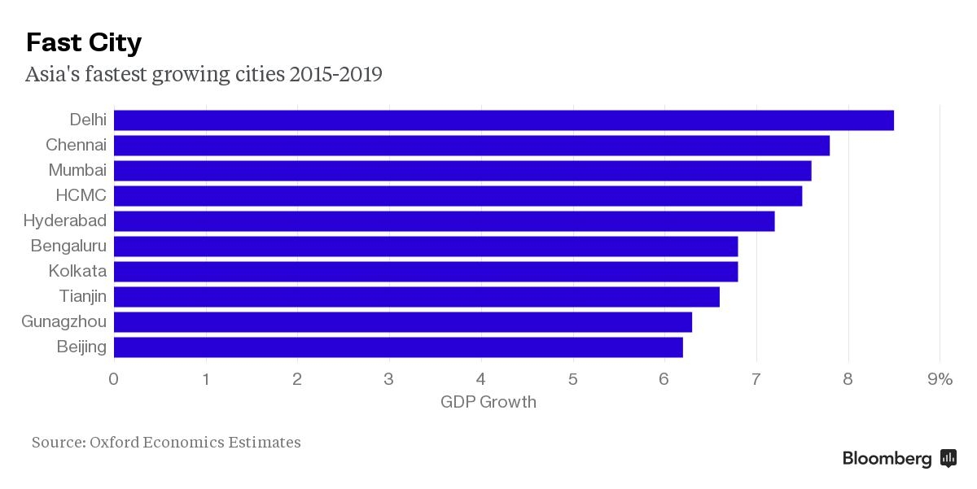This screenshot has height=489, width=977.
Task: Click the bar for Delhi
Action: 503,120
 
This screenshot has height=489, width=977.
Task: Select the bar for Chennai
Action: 471,146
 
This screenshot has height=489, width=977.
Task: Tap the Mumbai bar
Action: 462,171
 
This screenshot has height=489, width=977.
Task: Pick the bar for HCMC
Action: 458,196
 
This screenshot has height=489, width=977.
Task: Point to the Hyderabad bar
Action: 444,221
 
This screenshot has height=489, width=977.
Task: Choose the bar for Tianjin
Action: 416,297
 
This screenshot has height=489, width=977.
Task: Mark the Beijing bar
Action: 398,347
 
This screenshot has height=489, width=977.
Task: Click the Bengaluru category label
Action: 68,246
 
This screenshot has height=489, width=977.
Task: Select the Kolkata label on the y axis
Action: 77,271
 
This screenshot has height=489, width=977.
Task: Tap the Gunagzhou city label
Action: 64,322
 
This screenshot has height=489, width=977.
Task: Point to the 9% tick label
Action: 940,379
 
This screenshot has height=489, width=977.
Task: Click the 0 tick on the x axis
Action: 114,379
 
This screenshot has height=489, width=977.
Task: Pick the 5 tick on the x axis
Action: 573,379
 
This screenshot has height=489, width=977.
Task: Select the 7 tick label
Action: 756,379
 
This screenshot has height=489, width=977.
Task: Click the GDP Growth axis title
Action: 488,402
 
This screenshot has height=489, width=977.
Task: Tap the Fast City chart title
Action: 84,42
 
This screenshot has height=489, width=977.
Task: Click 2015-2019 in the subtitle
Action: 335,75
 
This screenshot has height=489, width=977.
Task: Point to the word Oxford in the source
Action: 114,443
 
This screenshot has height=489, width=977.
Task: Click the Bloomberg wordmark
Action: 887,459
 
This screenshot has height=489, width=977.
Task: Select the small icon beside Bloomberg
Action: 949,458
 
